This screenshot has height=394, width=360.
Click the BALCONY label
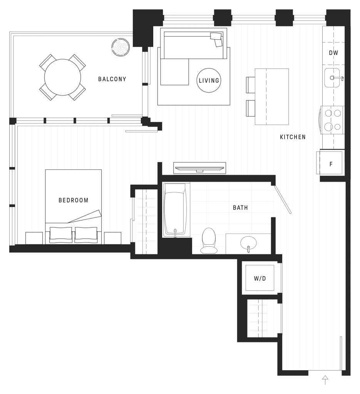point(112,79)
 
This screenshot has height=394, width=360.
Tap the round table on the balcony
point(62,77)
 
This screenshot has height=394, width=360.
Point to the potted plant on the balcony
point(121,47)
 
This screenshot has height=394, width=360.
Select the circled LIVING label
point(209,80)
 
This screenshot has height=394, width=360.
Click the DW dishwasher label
point(333,53)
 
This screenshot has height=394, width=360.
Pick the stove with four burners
point(332,120)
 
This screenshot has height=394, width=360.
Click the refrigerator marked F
point(330,164)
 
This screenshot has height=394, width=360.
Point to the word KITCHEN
point(293,137)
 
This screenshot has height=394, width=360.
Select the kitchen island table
point(271,96)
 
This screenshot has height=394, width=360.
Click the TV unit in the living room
point(199,167)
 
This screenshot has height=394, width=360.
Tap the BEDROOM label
point(73,200)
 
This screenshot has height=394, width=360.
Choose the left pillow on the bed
point(61,234)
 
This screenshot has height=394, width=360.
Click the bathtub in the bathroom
point(176,210)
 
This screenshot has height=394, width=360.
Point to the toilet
point(209,240)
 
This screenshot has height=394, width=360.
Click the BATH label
point(240,208)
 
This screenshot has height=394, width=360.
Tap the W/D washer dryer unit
point(260,278)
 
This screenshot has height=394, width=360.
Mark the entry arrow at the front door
point(325,380)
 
